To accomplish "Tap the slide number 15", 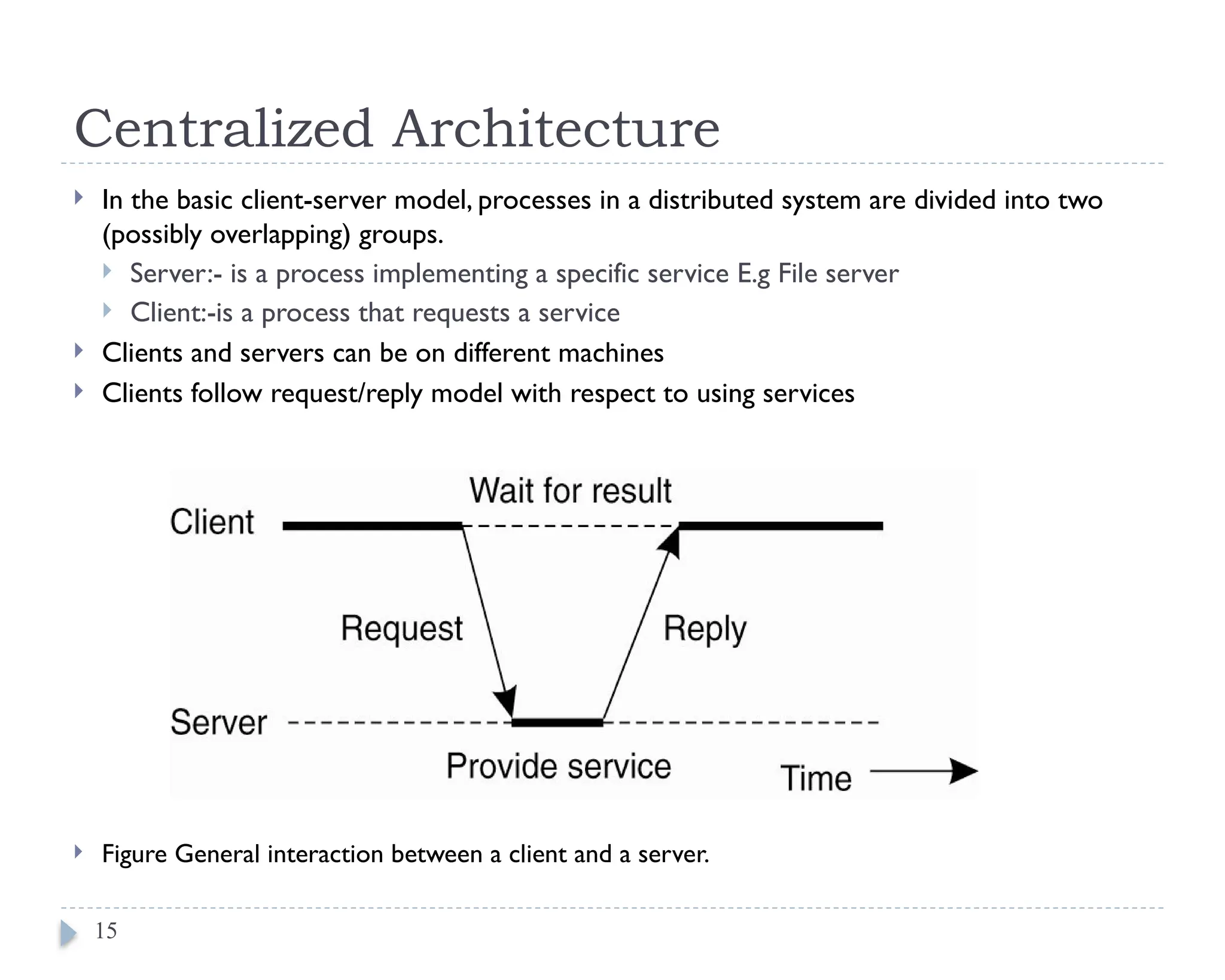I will [x=106, y=931].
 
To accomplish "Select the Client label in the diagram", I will [x=212, y=522].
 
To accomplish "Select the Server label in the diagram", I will [x=218, y=722].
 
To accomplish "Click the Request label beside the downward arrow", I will [x=401, y=629].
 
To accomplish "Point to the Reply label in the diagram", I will [x=705, y=629].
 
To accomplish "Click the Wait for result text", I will [x=570, y=491].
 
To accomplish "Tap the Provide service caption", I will [x=559, y=766].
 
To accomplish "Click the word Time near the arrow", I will [x=816, y=778].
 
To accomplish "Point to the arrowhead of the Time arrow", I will [x=963, y=771].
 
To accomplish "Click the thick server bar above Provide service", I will [x=557, y=723].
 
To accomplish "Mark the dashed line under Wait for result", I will [x=570, y=526].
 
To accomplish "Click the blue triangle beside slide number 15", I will [x=68, y=933].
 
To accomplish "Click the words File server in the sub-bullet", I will [x=838, y=274].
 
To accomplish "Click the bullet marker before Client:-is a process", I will [x=107, y=310].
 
